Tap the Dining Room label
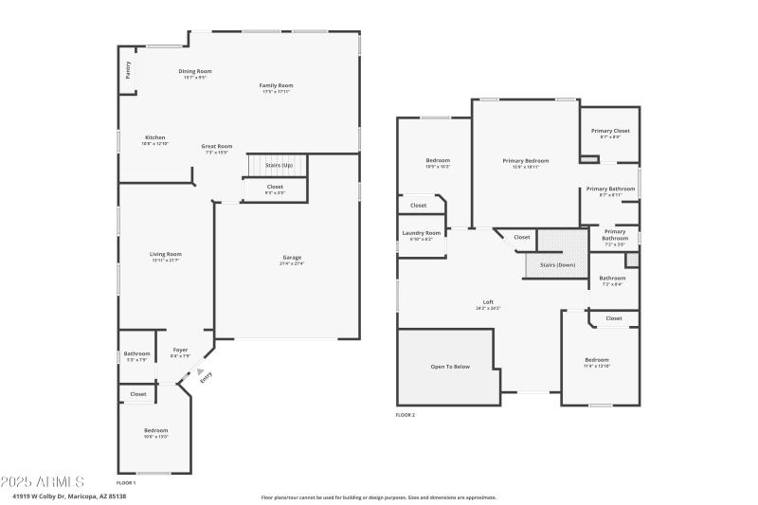[194, 71]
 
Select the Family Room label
[276, 85]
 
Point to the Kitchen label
[154, 137]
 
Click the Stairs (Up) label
[279, 165]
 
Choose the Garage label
[291, 258]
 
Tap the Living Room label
[165, 254]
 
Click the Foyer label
[179, 351]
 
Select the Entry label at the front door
[206, 376]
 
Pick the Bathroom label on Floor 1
[136, 353]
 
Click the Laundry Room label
[421, 232]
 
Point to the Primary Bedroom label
[525, 161]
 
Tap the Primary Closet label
[609, 131]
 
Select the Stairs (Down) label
[557, 264]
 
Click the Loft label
[488, 302]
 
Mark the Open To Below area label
[450, 366]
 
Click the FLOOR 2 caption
[405, 414]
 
